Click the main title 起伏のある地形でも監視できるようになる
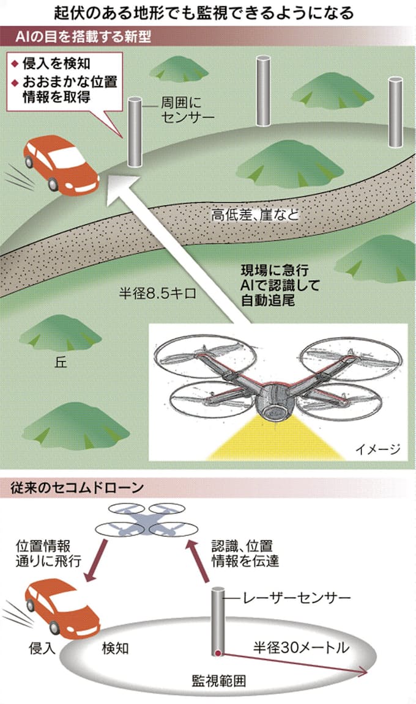[x=204, y=13]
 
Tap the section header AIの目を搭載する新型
[x=83, y=37]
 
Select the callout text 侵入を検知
[x=56, y=64]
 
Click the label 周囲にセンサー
[x=187, y=110]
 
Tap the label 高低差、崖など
[x=255, y=215]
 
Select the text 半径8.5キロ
[x=157, y=293]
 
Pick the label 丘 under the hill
[x=61, y=362]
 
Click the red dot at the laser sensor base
[x=218, y=653]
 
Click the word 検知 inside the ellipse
[x=116, y=648]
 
